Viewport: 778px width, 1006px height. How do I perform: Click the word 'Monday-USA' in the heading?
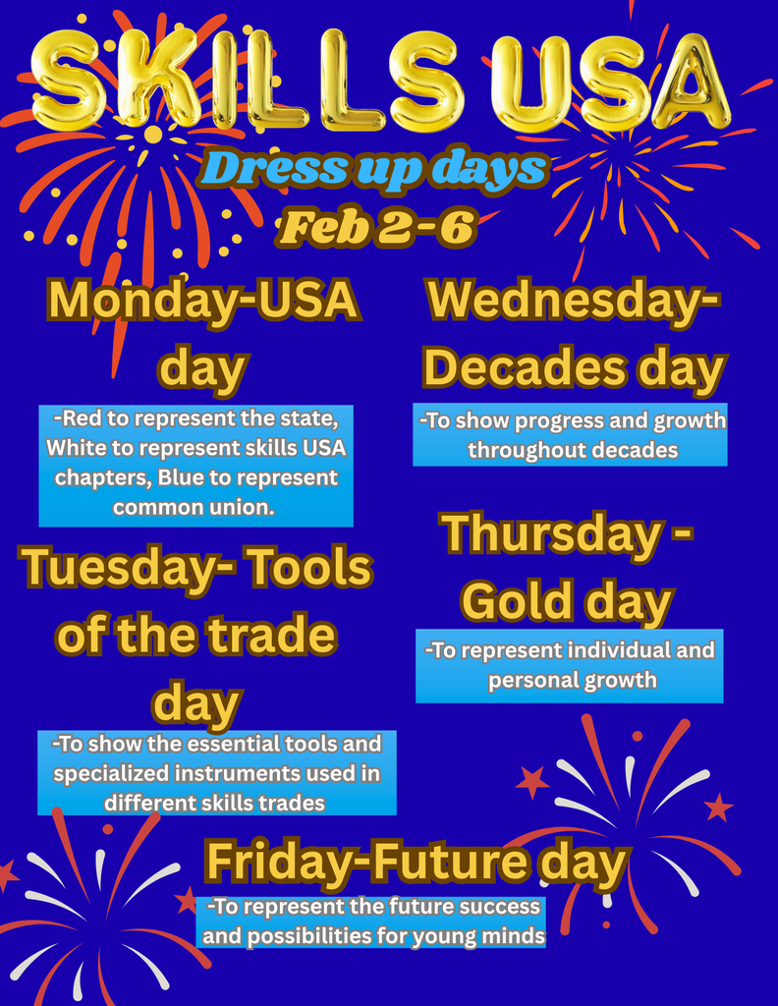coord(203,300)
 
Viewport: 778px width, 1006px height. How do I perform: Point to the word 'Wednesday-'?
coord(574,300)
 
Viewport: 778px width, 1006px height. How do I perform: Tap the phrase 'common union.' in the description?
coord(194,508)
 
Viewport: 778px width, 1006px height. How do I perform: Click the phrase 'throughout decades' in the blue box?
coord(573,450)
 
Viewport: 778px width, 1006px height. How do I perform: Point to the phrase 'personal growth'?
coord(572,680)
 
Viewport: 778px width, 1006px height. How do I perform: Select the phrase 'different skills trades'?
coord(214,803)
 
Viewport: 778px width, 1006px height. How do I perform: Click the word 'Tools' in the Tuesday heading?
coord(317,568)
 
